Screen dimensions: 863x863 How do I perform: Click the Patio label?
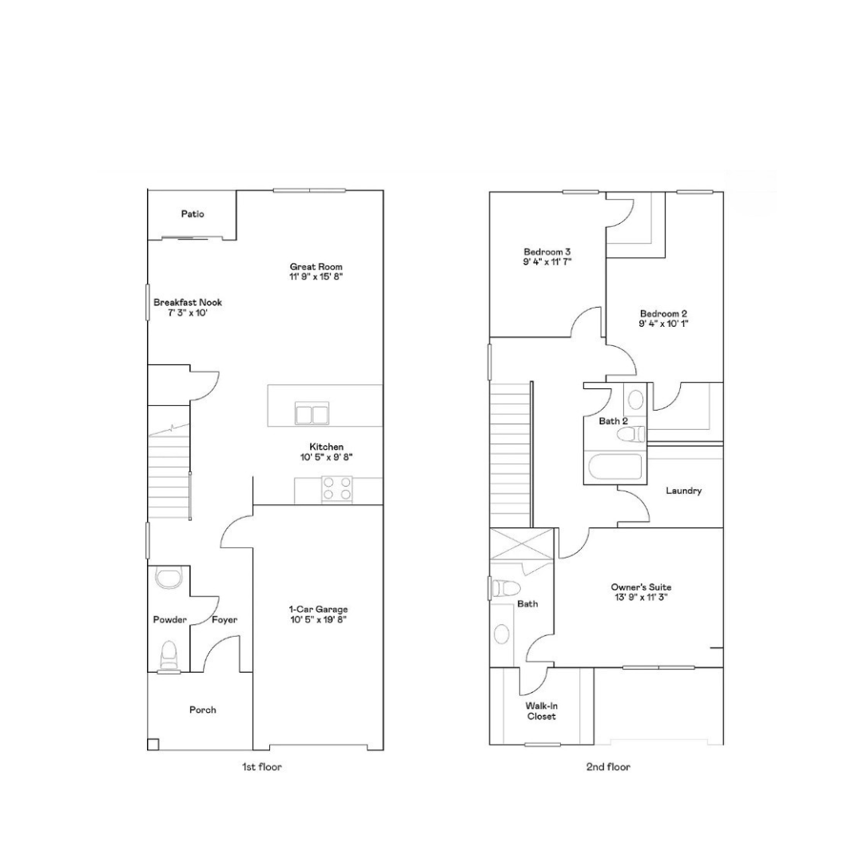tap(193, 213)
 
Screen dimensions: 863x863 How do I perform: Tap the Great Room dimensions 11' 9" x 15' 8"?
tap(316, 276)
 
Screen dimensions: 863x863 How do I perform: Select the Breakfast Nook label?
tap(188, 302)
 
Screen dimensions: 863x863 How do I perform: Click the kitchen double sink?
tap(312, 413)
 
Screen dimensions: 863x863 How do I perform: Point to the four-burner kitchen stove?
tap(337, 489)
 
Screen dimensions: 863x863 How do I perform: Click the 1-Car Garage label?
tap(319, 609)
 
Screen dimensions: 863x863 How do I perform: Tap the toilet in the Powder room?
tap(169, 655)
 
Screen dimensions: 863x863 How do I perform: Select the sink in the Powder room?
tap(169, 579)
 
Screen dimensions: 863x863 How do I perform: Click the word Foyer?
tap(225, 620)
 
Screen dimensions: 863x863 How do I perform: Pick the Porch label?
tap(202, 710)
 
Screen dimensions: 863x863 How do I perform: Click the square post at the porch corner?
tap(153, 744)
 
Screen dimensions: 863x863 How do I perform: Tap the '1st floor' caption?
tap(262, 766)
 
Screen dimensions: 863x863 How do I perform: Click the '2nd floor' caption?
tap(608, 766)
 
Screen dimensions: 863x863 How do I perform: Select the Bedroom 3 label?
tap(547, 252)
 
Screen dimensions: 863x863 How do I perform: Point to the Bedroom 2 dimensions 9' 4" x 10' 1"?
tap(664, 324)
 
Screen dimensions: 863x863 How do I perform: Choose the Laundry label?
tap(683, 491)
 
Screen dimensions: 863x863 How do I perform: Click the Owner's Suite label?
tap(641, 587)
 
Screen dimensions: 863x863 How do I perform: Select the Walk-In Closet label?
tap(542, 711)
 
